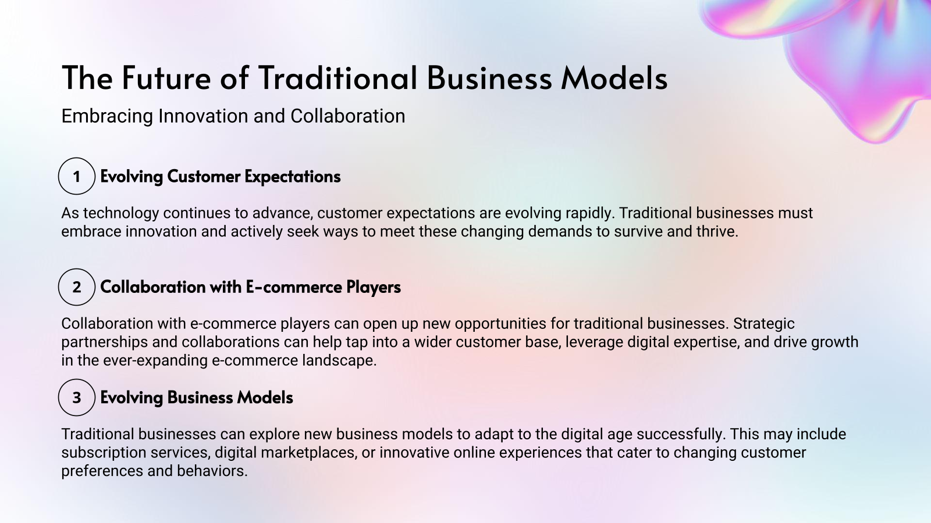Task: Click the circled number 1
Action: coord(76,176)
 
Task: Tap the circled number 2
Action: coord(76,287)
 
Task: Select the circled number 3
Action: coord(76,397)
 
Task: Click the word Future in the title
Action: coord(166,78)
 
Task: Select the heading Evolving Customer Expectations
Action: coord(220,177)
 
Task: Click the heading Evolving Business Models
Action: coord(197,397)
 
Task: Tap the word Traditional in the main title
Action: coord(337,78)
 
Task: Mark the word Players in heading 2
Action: coord(374,287)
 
